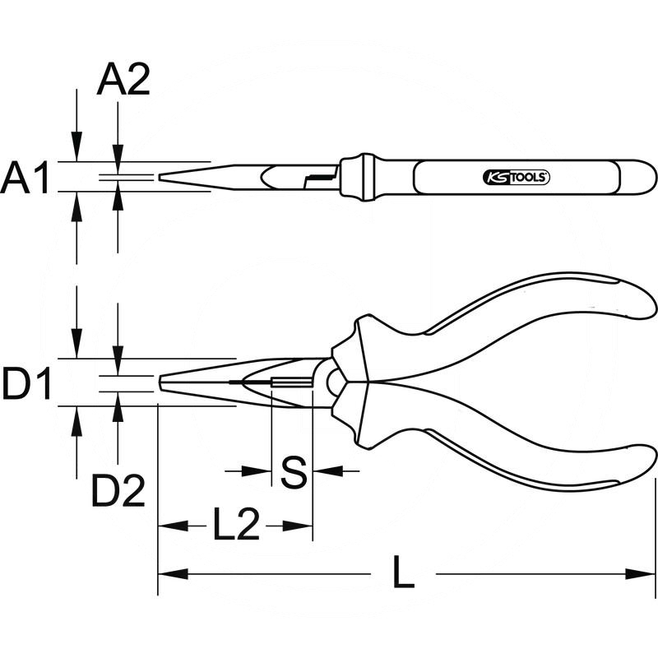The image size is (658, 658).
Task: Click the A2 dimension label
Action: click(123, 81)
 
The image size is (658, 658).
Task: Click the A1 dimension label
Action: click(25, 178)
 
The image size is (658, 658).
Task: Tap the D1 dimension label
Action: click(26, 383)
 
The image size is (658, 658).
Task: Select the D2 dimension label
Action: click(118, 490)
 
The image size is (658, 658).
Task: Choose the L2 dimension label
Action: click(236, 524)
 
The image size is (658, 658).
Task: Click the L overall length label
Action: click(403, 572)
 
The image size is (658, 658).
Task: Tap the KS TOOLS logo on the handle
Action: click(517, 178)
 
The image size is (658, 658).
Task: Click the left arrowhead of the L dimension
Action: click(173, 573)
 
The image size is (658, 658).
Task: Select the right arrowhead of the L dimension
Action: click(641, 573)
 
